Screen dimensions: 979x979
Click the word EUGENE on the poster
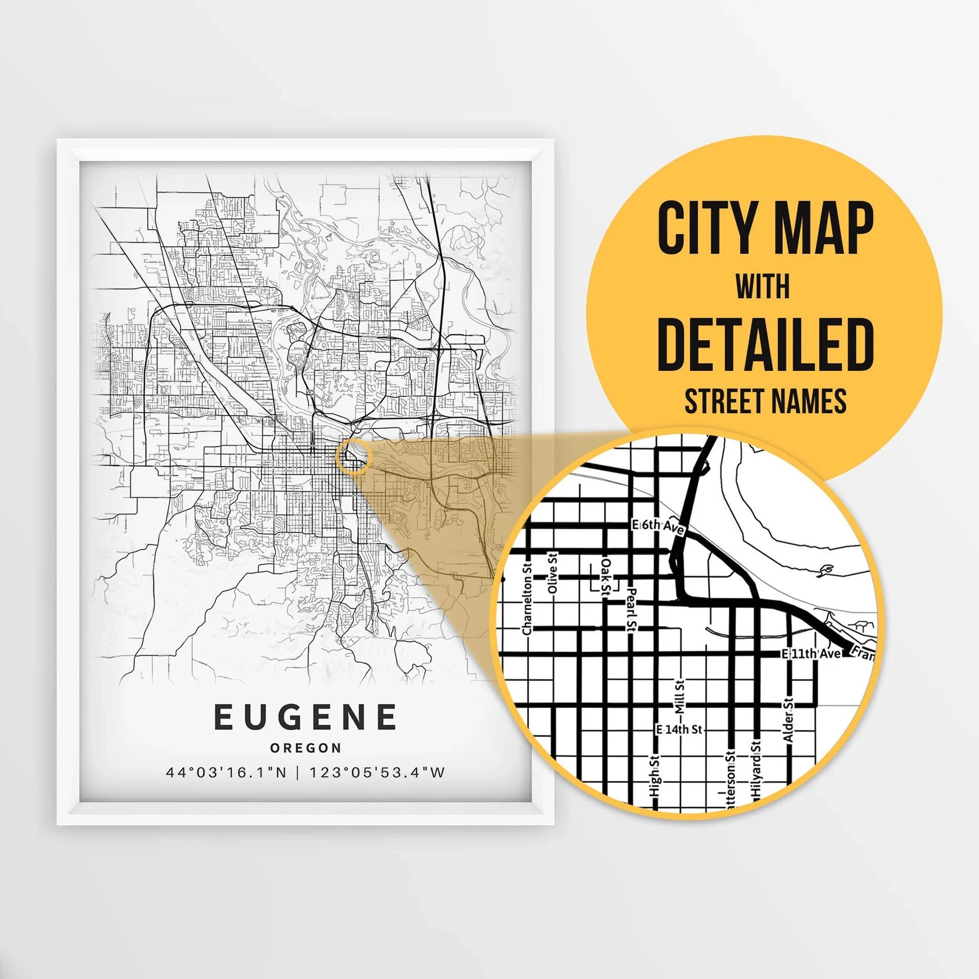[305, 717]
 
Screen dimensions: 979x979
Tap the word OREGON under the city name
[305, 748]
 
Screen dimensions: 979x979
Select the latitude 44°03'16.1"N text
[226, 773]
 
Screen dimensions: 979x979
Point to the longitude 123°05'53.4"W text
[377, 773]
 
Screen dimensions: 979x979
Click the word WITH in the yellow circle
[763, 287]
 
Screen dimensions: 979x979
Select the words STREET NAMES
[766, 401]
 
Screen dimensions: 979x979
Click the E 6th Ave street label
[659, 527]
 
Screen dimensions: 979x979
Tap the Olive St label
[553, 573]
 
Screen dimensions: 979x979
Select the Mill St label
[680, 697]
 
